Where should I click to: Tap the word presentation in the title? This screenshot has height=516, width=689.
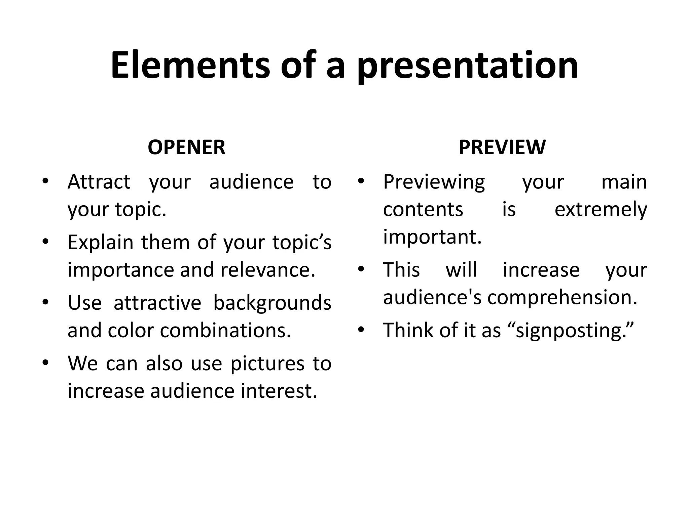pos(467,66)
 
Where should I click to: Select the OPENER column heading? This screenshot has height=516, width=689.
pos(186,147)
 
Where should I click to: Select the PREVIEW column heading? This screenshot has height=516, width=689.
pos(502,147)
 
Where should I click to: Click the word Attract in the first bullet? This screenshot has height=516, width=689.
pos(99,182)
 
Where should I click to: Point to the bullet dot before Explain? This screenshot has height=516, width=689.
pos(46,241)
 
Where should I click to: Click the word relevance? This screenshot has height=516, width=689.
pos(268,270)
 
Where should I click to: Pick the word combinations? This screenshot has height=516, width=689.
pos(225,331)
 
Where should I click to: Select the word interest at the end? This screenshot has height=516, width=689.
pos(279,391)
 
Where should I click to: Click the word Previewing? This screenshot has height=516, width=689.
pos(434,182)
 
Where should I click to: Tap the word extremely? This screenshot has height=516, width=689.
pos(601,210)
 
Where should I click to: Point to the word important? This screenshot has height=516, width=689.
pos(432,237)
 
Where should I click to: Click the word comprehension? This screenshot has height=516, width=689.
pos(562,298)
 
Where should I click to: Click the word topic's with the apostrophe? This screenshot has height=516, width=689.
pos(302,242)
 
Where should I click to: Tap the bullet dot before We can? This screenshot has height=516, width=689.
pos(46,362)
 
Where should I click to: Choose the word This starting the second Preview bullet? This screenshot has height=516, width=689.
pos(401,270)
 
